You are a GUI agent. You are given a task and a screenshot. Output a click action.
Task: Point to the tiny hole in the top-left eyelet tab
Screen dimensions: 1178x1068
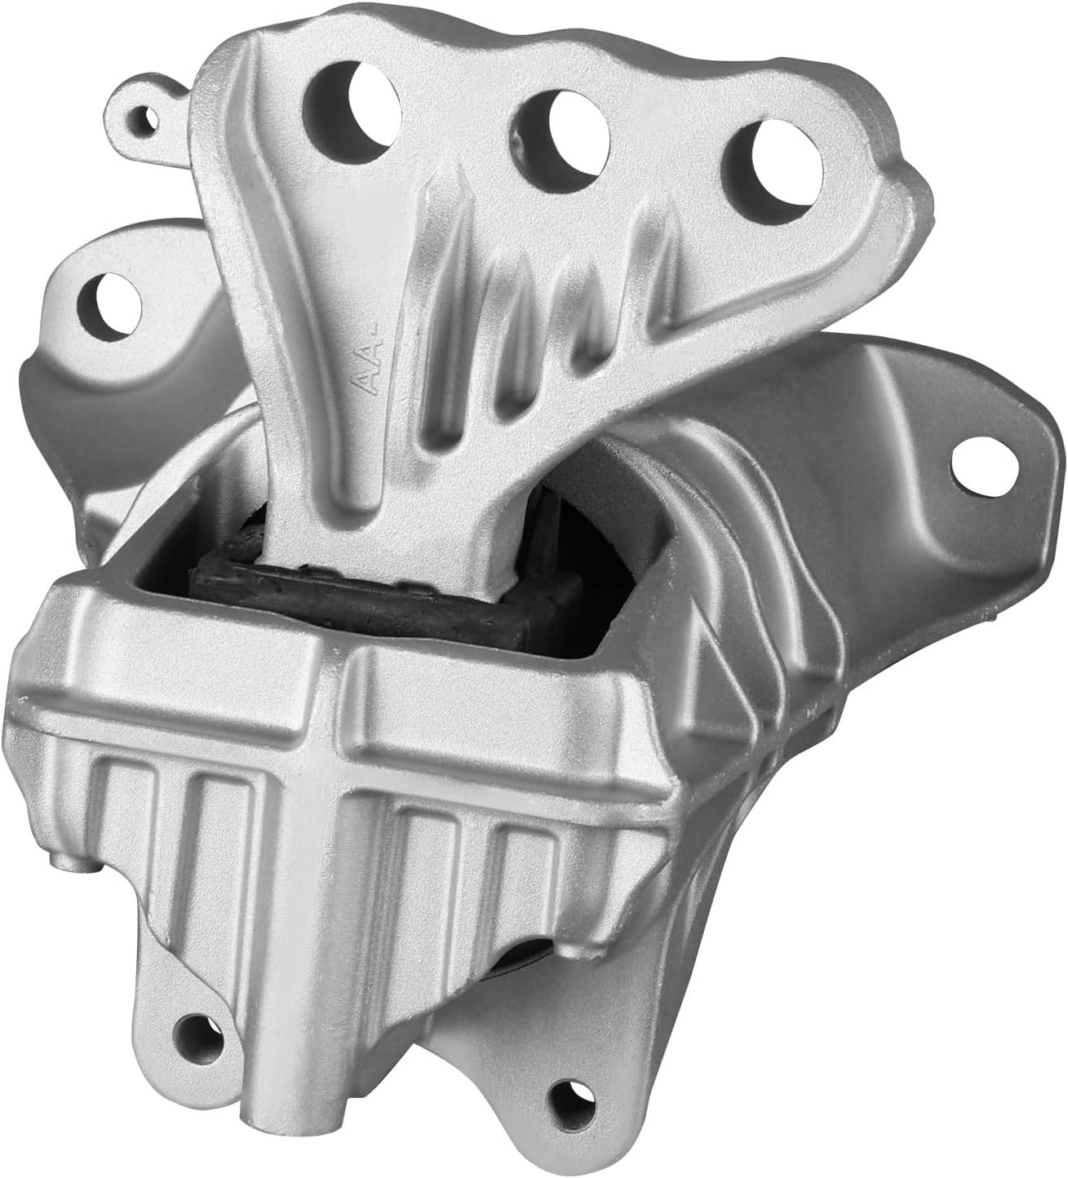coord(147,119)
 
